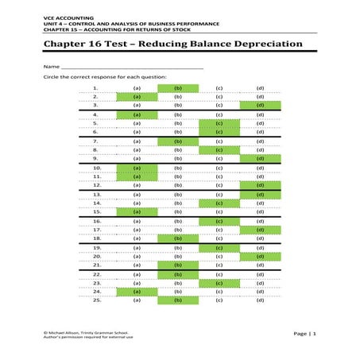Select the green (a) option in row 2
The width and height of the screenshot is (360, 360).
point(137,95)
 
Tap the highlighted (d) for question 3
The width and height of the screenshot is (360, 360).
point(260,104)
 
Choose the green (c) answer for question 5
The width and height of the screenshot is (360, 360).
point(219,124)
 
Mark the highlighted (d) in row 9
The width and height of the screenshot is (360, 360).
point(260,158)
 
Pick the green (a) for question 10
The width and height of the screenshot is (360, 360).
point(137,168)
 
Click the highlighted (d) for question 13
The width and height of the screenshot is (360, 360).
point(260,194)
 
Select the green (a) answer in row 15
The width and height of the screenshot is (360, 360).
point(137,211)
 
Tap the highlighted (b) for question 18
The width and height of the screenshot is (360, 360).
point(178,238)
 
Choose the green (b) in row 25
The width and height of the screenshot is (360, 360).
point(178,300)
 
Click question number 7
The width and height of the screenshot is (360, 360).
point(95,141)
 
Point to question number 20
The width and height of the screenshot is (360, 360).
point(96,256)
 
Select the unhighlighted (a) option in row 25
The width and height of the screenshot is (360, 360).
point(137,300)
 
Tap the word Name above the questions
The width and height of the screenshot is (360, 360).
point(52,67)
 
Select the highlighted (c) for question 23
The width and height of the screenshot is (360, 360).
point(219,282)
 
